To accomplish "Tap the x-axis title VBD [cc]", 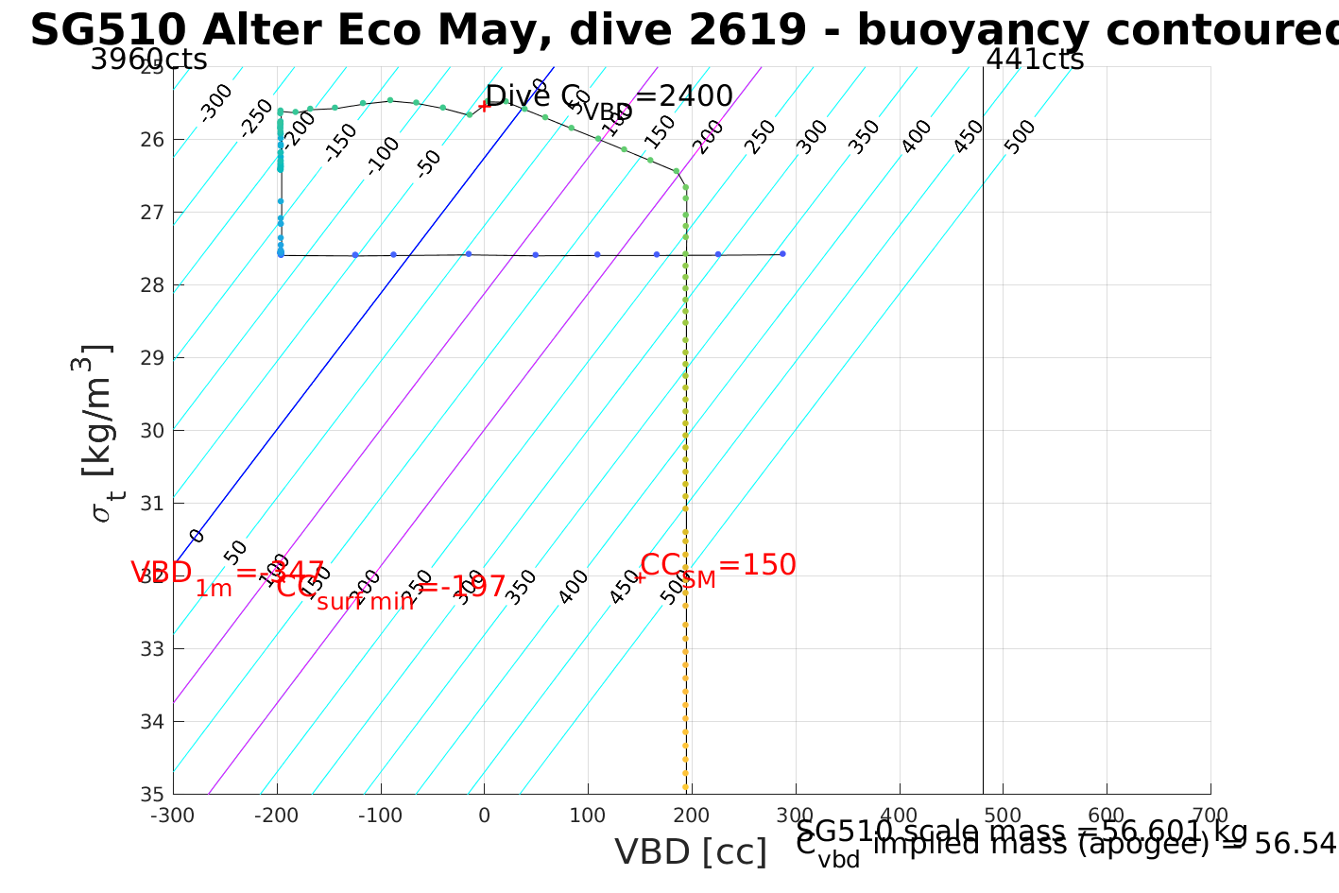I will tap(691, 852).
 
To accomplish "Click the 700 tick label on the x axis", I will tap(1210, 816).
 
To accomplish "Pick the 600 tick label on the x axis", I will tap(1107, 816).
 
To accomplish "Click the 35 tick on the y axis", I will tap(154, 794).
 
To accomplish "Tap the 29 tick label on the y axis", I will tap(154, 357).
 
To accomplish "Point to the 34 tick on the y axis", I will tap(154, 721).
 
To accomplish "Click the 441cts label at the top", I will tap(1035, 60).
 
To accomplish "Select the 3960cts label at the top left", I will tap(148, 60).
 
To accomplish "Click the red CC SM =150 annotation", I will tap(718, 566).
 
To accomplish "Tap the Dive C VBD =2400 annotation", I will tap(609, 97).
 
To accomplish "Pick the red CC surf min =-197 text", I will tap(391, 588).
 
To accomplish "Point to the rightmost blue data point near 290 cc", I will tap(782, 253).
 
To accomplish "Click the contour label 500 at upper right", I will tap(1020, 137).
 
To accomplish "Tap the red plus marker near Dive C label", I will tap(484, 105).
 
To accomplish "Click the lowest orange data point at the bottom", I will tap(685, 786).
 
